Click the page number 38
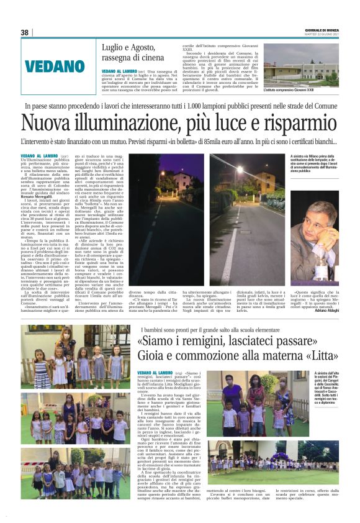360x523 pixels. [x=25, y=32]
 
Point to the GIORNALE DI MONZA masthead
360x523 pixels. [x=322, y=29]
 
